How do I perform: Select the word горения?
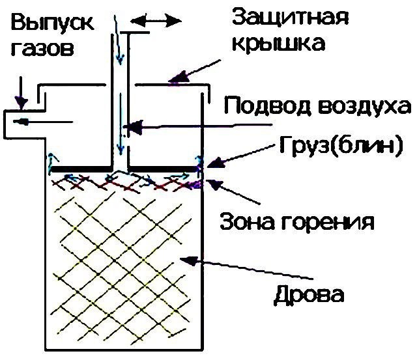[326, 223]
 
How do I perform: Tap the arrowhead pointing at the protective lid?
[173, 81]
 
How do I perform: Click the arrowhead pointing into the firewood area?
[186, 260]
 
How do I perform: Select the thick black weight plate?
[124, 167]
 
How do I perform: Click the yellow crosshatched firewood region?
[124, 260]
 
